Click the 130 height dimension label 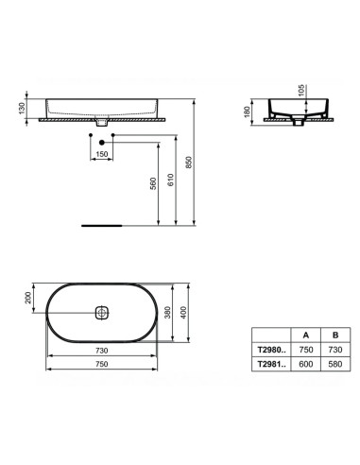pyautogui.click(x=22, y=108)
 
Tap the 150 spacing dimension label pyautogui.click(x=101, y=154)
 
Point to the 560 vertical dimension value pyautogui.click(x=153, y=183)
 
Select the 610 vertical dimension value pyautogui.click(x=170, y=180)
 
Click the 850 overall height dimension pyautogui.click(x=188, y=163)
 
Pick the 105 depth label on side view pyautogui.click(x=301, y=91)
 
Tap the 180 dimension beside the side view pyautogui.click(x=247, y=112)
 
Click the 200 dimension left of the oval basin pyautogui.click(x=28, y=298)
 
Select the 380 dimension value pyautogui.click(x=168, y=312)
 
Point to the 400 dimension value pyautogui.click(x=183, y=312)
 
